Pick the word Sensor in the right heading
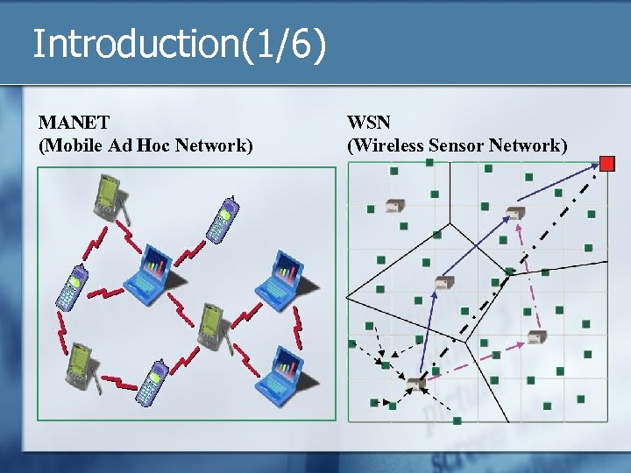[456, 145]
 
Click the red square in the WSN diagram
[607, 163]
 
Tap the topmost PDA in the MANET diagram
[109, 196]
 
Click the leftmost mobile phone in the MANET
[71, 285]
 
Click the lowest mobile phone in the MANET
[151, 383]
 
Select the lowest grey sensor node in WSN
[415, 384]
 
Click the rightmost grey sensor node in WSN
[536, 336]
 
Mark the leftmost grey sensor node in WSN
[393, 206]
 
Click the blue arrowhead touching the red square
[595, 166]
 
